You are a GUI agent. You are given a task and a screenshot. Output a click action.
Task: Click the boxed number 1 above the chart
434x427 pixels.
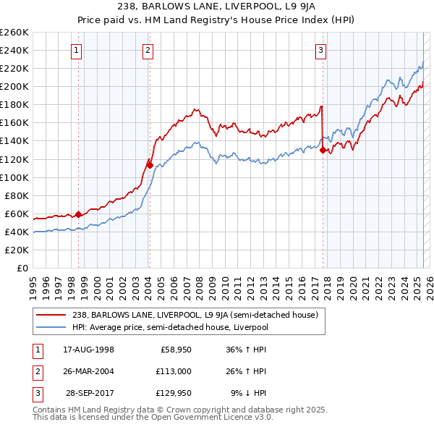pyautogui.click(x=77, y=51)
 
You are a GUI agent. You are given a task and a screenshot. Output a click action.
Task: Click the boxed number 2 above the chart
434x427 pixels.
pyautogui.click(x=148, y=51)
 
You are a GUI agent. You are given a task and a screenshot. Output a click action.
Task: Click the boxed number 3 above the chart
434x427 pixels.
pyautogui.click(x=320, y=51)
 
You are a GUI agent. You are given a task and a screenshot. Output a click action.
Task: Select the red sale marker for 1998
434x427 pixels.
pyautogui.click(x=78, y=214)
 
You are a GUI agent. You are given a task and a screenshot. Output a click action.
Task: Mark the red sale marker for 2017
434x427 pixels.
pyautogui.click(x=323, y=150)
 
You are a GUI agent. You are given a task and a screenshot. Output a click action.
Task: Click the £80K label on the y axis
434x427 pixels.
pyautogui.click(x=17, y=195)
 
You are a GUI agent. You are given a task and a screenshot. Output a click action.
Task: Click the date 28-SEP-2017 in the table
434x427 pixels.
pyautogui.click(x=90, y=393)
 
